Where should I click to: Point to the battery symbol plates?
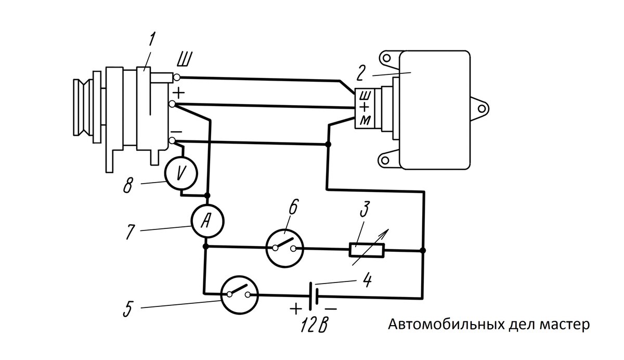pyautogui.click(x=314, y=296)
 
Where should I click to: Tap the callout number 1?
pyautogui.click(x=151, y=40)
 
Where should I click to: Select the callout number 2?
pyautogui.click(x=361, y=73)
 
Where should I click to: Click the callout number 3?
pyautogui.click(x=365, y=210)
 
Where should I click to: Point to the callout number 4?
pyautogui.click(x=368, y=279)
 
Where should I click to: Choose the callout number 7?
pyautogui.click(x=130, y=232)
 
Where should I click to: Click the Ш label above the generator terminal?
pyautogui.click(x=184, y=60)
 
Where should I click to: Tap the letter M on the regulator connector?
pyautogui.click(x=365, y=120)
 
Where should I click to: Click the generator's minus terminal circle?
pyautogui.click(x=172, y=140)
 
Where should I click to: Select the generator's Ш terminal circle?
pyautogui.click(x=177, y=77)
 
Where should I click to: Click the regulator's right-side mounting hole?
pyautogui.click(x=481, y=109)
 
